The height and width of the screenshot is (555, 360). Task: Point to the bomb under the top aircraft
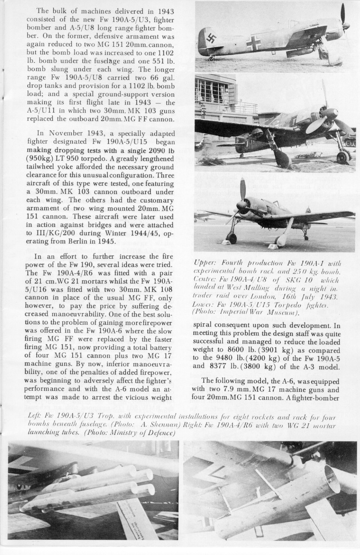(305, 51)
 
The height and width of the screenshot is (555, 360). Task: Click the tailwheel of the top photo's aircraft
(212, 58)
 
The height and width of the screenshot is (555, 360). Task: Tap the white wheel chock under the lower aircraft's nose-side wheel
(228, 243)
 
